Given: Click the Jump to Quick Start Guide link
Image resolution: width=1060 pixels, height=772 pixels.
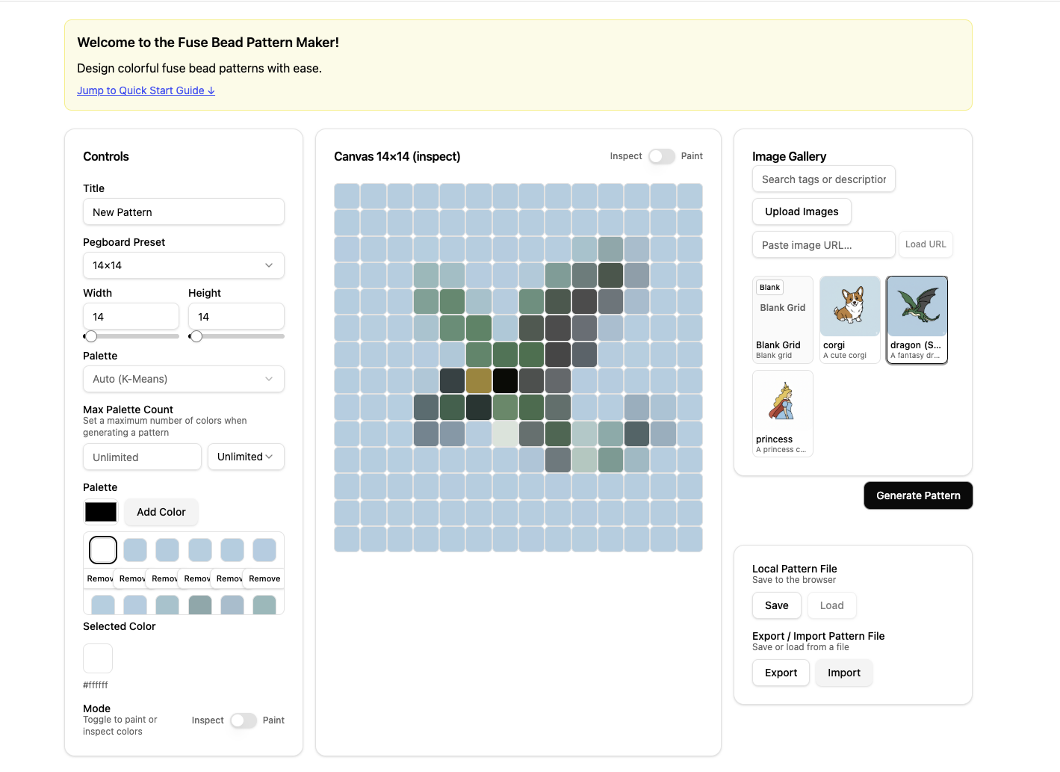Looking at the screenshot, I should (x=146, y=90).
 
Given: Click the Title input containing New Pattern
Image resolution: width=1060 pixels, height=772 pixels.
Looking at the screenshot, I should (x=183, y=212).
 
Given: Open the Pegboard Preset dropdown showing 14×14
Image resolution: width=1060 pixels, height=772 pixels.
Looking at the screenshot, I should (x=183, y=265).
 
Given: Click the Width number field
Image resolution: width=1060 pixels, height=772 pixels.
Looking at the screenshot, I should (x=131, y=317).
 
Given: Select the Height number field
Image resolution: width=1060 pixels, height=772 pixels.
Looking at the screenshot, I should (x=235, y=317).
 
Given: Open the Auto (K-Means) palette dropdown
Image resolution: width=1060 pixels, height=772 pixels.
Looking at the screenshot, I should (x=183, y=379).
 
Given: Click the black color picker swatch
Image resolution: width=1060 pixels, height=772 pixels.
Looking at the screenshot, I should (x=101, y=512).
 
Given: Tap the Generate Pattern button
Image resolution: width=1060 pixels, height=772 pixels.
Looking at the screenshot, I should (x=918, y=495).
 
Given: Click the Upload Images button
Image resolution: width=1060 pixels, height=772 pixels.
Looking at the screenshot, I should (x=802, y=211).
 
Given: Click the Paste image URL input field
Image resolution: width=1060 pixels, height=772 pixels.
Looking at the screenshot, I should (x=823, y=245).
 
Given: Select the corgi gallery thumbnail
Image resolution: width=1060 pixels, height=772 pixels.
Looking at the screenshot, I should (x=849, y=308).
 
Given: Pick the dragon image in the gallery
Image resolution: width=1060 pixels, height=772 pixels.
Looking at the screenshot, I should (x=917, y=308).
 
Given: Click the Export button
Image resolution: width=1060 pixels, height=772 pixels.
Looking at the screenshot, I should (x=781, y=673).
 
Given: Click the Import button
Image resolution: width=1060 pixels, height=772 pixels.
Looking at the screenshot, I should (x=843, y=673).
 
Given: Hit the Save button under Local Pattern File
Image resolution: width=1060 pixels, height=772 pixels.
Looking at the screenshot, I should (x=776, y=605).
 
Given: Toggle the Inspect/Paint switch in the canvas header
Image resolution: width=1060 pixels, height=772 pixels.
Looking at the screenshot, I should (x=661, y=156).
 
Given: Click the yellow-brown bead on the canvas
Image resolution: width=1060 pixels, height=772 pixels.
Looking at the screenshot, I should (x=479, y=381).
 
